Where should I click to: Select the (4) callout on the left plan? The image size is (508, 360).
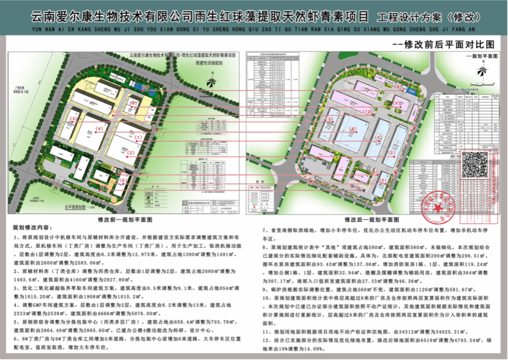pos(99,128)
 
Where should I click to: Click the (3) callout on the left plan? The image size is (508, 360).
pos(74,118)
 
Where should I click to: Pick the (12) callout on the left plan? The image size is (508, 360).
pos(134,103)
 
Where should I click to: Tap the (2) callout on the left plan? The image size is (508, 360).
pos(131,152)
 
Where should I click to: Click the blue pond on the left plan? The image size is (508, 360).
pos(137,84)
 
